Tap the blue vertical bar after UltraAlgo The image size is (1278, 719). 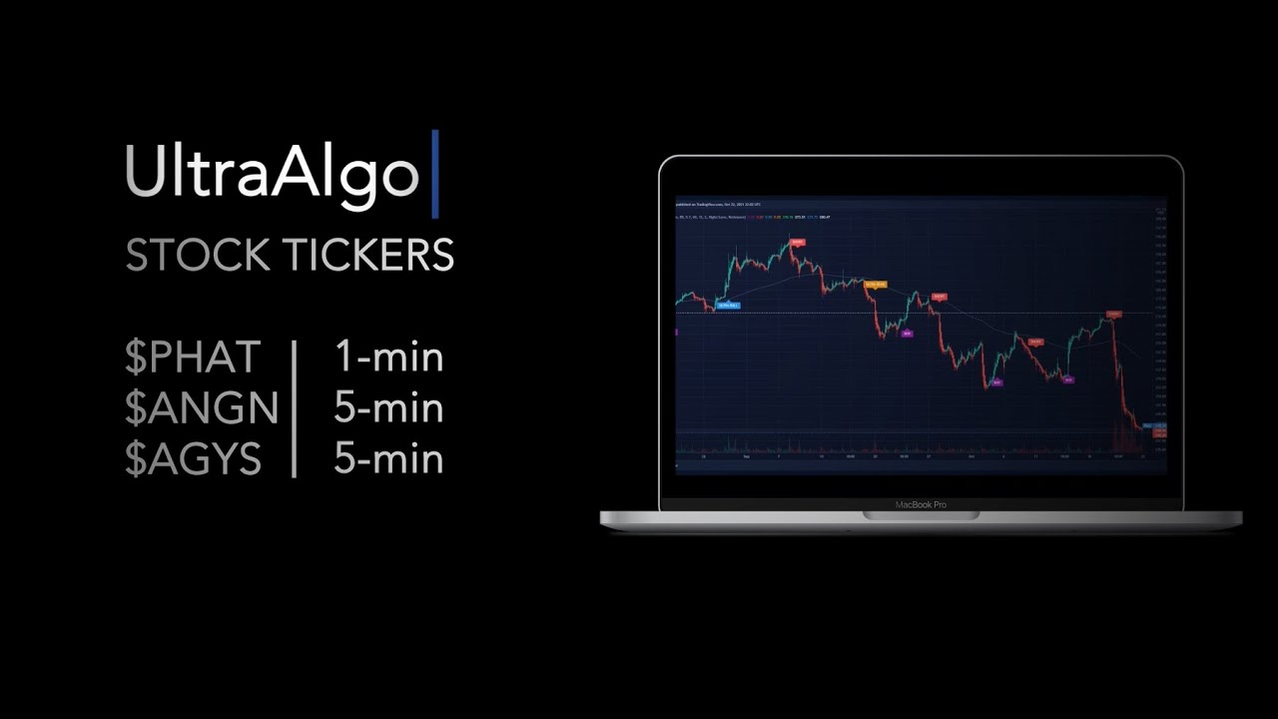point(435,174)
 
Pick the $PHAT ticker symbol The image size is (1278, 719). point(193,358)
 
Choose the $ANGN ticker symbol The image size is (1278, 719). point(202,408)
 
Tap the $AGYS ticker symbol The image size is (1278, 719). point(193,459)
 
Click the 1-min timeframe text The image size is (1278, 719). point(388,358)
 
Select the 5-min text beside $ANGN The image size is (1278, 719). point(388,408)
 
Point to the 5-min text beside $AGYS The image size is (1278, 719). point(388,459)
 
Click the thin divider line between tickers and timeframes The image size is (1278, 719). point(295,408)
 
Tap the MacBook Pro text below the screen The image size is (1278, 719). point(921,505)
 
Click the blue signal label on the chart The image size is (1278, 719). point(728,306)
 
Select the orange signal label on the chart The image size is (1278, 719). point(875,285)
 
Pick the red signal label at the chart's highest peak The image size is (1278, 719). point(797,242)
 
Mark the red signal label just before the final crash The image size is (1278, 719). point(1114,314)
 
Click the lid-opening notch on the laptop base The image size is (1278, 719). point(921,515)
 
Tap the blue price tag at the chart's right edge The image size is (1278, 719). point(1148,426)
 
